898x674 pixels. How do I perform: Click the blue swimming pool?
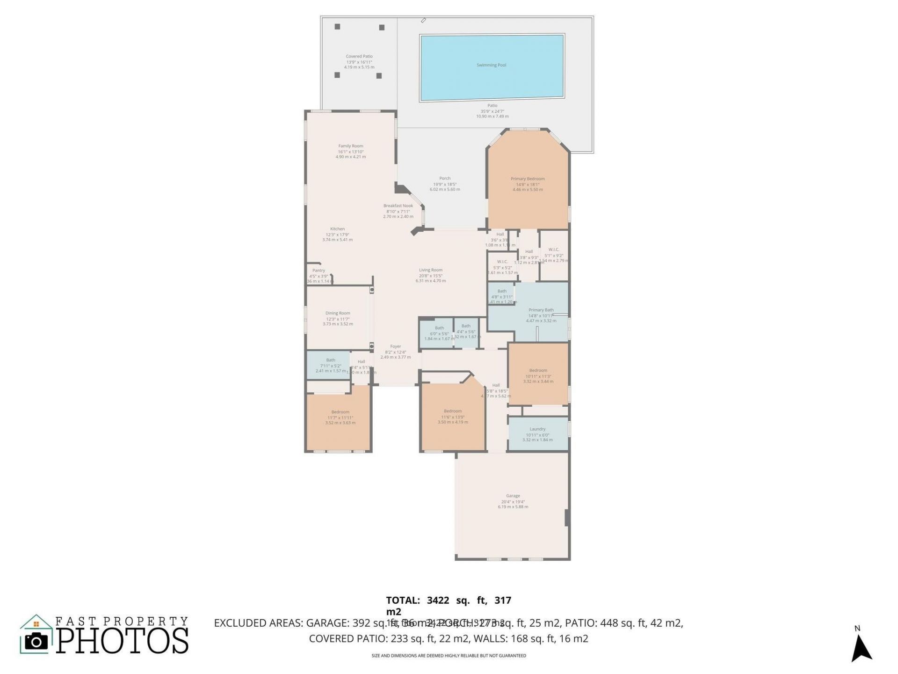(x=492, y=68)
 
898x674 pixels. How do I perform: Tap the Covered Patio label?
(x=359, y=57)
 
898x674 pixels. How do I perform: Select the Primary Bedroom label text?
(x=528, y=179)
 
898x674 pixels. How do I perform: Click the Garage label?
(x=513, y=496)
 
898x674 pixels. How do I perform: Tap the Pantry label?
(x=319, y=271)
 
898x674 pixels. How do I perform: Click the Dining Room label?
(x=338, y=313)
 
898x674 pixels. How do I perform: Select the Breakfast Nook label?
(x=398, y=206)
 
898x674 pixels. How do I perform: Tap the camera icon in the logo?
(x=36, y=641)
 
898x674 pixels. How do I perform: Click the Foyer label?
(x=395, y=347)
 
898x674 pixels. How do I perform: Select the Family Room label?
(x=351, y=146)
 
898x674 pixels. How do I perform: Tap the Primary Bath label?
(x=541, y=310)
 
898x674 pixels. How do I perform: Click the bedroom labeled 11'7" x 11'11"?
(x=340, y=417)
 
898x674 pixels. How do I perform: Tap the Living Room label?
(x=430, y=270)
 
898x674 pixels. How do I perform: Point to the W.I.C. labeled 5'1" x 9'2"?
(x=553, y=253)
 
